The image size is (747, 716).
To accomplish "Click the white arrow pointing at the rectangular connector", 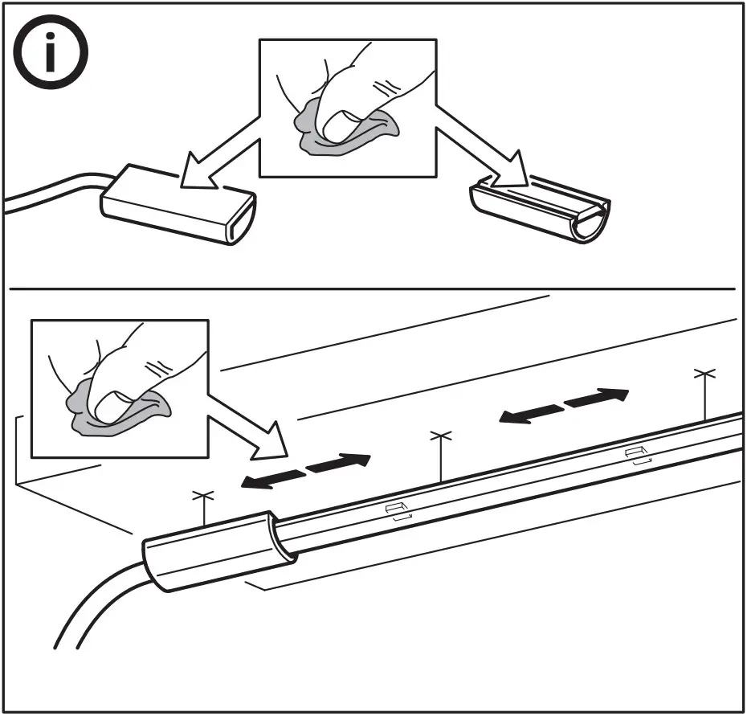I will click(216, 166).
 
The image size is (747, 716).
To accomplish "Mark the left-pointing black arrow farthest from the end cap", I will click(529, 413).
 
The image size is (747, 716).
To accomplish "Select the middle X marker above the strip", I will click(440, 436).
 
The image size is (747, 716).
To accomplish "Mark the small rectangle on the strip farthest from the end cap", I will click(638, 454).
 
